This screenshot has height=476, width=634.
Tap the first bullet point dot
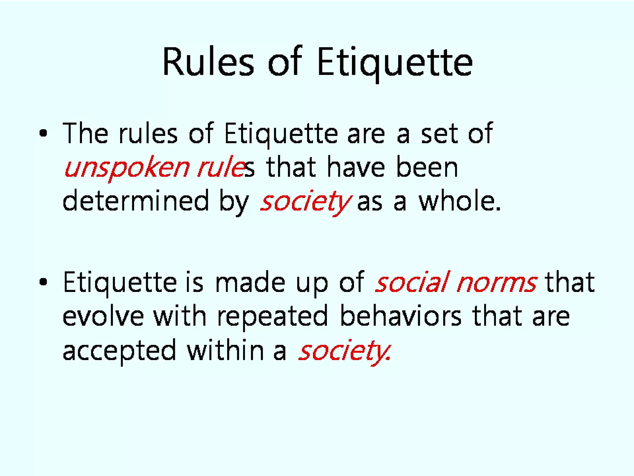(x=43, y=133)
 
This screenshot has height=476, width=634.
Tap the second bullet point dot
(x=43, y=282)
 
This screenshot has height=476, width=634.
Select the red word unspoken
(x=127, y=168)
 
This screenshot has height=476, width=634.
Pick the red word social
(x=412, y=282)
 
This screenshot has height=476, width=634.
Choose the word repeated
(x=272, y=317)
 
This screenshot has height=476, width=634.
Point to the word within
(x=225, y=350)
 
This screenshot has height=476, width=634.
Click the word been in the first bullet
(x=427, y=167)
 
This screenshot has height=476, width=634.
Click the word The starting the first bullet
(x=85, y=133)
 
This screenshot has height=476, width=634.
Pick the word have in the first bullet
(x=356, y=167)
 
